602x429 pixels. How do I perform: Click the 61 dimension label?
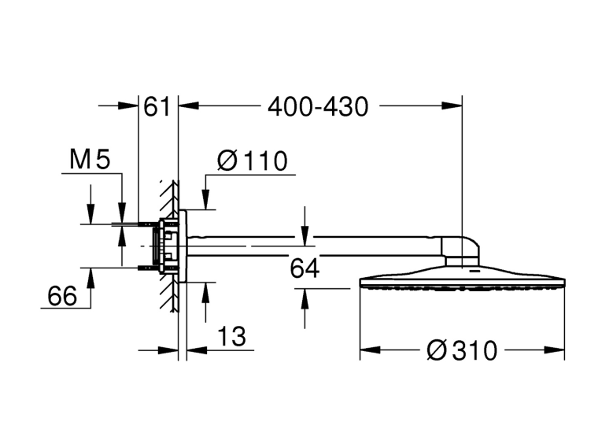(x=157, y=106)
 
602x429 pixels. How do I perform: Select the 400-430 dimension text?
(x=318, y=107)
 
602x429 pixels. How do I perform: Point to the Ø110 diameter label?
(x=253, y=161)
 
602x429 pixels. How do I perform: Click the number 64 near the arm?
(x=305, y=268)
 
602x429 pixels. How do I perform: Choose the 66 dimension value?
(x=62, y=296)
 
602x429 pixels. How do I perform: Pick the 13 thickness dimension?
(x=231, y=336)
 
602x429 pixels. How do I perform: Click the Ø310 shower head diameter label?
(x=462, y=350)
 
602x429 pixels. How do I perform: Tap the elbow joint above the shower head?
(x=460, y=251)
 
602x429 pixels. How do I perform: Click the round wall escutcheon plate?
(x=183, y=246)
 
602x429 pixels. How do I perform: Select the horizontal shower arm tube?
(x=314, y=246)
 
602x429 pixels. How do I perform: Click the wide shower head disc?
(x=462, y=277)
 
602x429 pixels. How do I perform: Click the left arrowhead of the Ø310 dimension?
(x=370, y=349)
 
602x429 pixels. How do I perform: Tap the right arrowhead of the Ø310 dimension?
(x=555, y=349)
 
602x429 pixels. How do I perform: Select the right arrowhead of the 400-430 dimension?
(x=452, y=105)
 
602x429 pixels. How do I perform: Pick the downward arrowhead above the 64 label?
(x=305, y=236)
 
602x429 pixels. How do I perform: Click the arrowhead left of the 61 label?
(x=128, y=105)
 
